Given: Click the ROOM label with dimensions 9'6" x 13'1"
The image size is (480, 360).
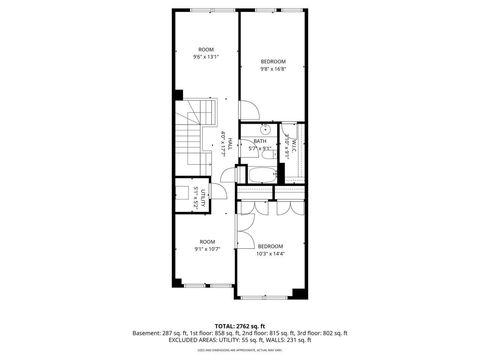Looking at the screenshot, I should (x=206, y=53).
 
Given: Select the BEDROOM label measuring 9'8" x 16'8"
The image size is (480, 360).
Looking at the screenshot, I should (x=273, y=65).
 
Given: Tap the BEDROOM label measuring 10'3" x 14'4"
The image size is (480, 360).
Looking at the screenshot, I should (x=270, y=249).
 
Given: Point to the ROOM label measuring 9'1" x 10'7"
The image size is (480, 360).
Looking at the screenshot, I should (x=207, y=244).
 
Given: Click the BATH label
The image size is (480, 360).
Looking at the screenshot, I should (x=260, y=144).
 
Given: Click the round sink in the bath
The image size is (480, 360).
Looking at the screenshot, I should (x=266, y=130).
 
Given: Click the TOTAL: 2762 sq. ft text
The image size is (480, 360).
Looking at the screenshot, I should (x=239, y=326).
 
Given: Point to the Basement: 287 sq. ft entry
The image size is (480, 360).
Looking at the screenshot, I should (x=161, y=333).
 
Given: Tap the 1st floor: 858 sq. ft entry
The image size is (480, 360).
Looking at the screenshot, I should (x=214, y=333).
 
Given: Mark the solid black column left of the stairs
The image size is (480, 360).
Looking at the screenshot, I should (x=178, y=96).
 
